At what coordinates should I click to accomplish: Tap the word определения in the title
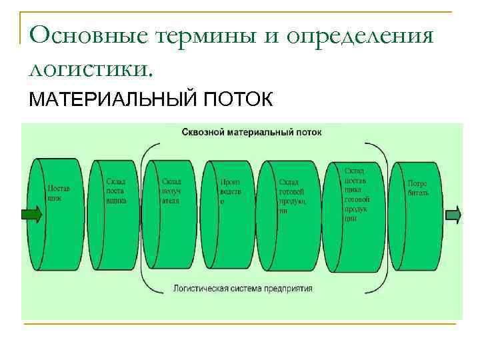tap(361, 37)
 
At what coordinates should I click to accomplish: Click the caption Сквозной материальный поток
tap(251, 132)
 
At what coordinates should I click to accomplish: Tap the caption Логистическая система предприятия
tap(242, 289)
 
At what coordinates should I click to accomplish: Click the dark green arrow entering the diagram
tap(31, 215)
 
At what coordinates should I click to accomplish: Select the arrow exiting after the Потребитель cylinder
tap(453, 215)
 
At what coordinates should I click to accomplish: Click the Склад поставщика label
tap(115, 191)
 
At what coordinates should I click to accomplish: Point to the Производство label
tap(230, 191)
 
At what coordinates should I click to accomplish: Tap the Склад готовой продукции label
tap(291, 195)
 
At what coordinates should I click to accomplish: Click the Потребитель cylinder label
tap(418, 187)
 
